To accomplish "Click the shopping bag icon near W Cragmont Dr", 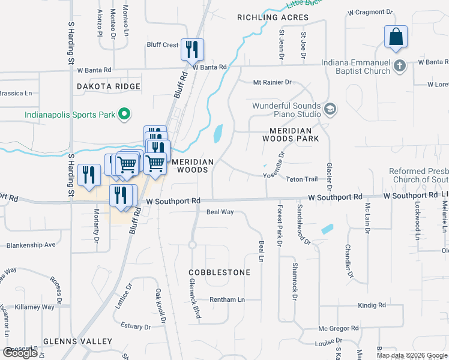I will [396, 37].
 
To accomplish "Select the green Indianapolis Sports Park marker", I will [124, 113].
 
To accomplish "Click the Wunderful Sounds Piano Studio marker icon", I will [330, 109].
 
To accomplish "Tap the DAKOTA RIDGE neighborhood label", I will [109, 87].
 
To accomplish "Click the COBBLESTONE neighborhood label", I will [220, 272].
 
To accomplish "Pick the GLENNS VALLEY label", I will [77, 341].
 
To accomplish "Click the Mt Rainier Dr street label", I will [272, 82].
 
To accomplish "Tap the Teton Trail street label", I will [301, 179].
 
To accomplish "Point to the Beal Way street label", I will [220, 212].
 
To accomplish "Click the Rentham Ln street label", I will [228, 299].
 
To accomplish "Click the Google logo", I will [20, 353].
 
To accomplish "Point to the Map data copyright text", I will [412, 355].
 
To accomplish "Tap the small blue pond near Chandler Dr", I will [327, 229].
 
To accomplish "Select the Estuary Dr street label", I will [136, 326].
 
